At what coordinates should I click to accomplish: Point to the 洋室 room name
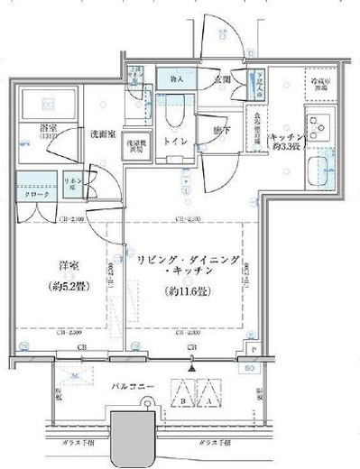point(53,267)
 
